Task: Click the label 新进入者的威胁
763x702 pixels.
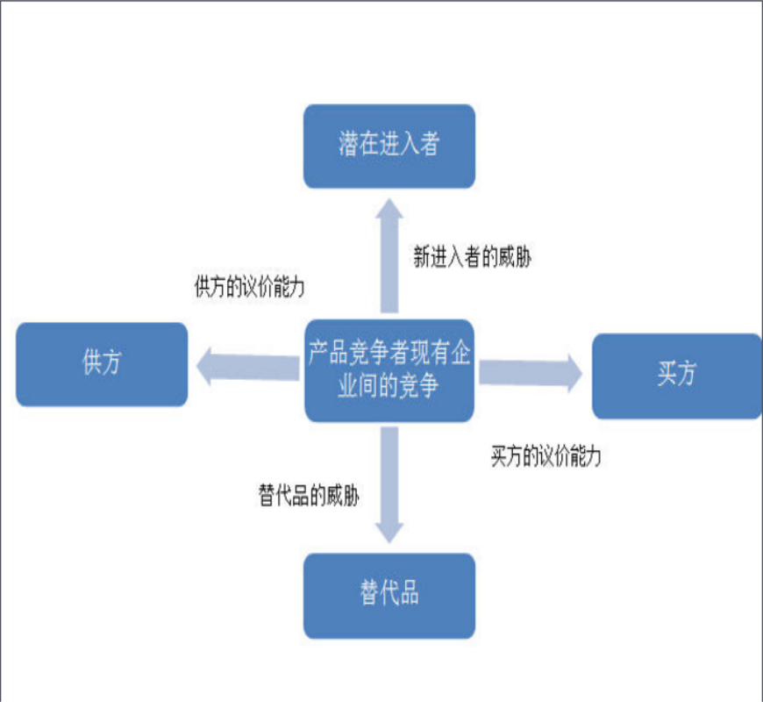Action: pyautogui.click(x=472, y=257)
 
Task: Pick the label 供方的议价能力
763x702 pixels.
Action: pyautogui.click(x=249, y=287)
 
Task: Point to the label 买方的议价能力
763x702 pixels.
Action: pyautogui.click(x=546, y=457)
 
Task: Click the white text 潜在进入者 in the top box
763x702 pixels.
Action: pyautogui.click(x=389, y=145)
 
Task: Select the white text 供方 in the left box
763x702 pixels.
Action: pyautogui.click(x=102, y=363)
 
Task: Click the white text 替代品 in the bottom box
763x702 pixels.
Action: pyautogui.click(x=389, y=594)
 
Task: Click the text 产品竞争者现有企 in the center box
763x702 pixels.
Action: pyautogui.click(x=389, y=355)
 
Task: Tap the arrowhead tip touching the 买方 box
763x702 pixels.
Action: pyautogui.click(x=580, y=372)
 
